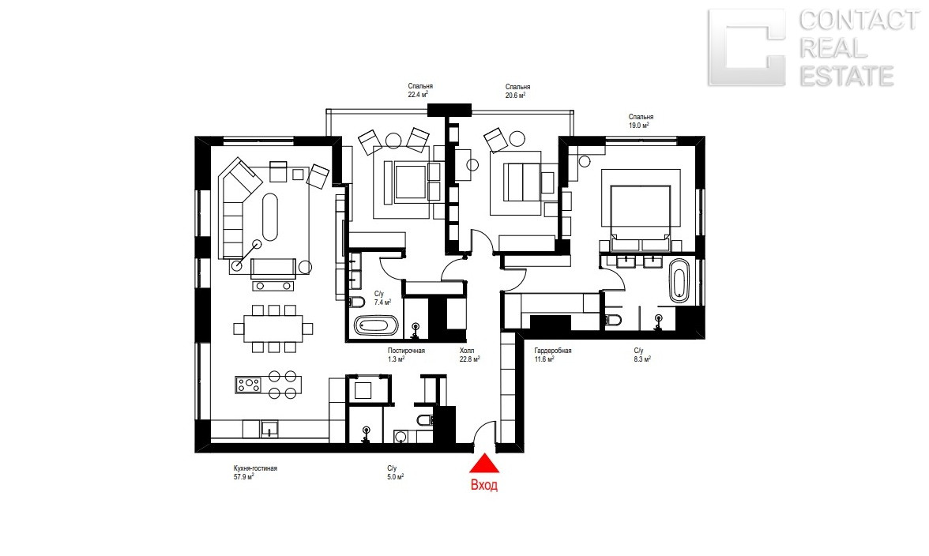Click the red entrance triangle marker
point(485,464)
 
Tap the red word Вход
point(484,485)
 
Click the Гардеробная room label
point(553,351)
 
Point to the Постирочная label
point(406,351)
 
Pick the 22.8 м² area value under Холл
point(470,359)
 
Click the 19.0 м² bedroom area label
point(638,126)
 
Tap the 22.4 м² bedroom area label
point(418,94)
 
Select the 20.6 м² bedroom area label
point(515,95)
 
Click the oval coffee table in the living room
point(269,216)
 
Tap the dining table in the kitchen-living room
point(273,328)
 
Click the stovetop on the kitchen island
point(248,385)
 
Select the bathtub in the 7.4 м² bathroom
point(376,325)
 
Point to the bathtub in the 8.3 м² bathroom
point(679,280)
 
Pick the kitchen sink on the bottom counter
point(269,429)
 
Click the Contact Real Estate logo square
point(747,47)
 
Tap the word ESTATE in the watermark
point(847,76)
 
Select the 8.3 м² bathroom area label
point(642,359)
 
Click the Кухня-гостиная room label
point(255,468)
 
